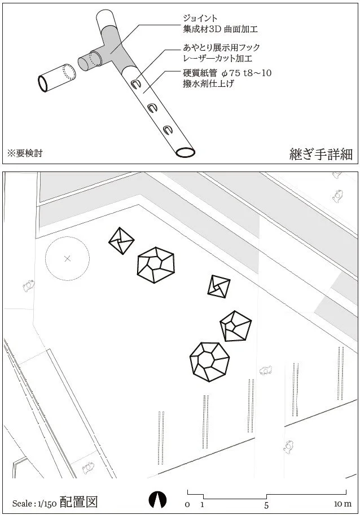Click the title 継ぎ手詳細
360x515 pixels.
[x=321, y=153]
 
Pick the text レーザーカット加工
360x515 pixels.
[x=218, y=58]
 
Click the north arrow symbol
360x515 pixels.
[x=159, y=499]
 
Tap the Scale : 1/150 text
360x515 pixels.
[x=31, y=503]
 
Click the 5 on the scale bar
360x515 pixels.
[x=266, y=503]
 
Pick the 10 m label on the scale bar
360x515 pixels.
[x=343, y=503]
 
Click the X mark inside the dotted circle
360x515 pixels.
[x=68, y=259]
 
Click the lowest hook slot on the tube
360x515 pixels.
[x=167, y=130]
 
